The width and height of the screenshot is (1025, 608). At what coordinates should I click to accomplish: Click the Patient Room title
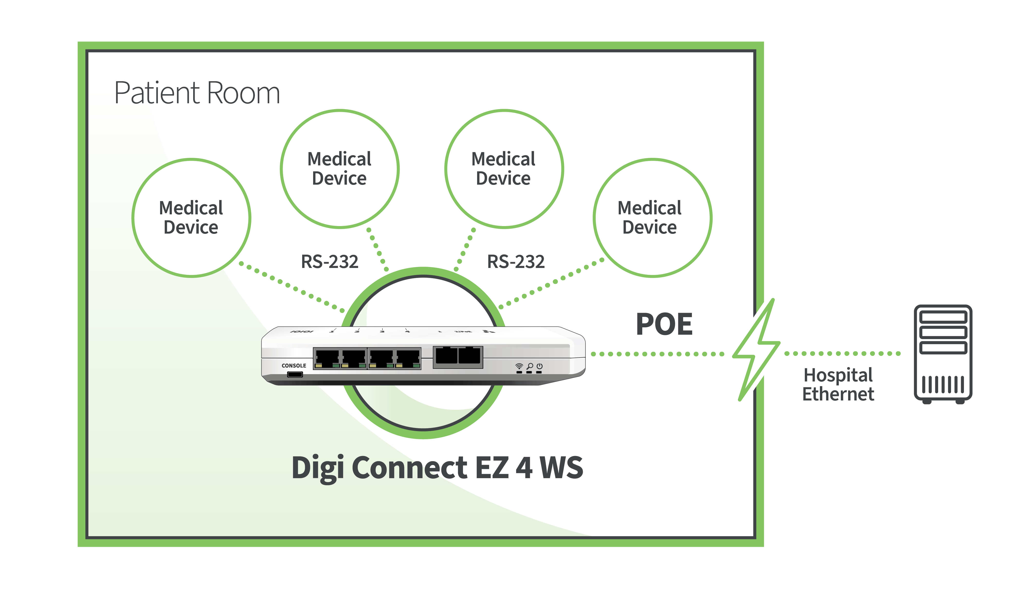(197, 93)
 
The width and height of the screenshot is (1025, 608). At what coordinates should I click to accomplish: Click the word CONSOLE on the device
(294, 365)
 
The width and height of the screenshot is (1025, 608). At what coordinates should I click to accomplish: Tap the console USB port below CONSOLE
(295, 374)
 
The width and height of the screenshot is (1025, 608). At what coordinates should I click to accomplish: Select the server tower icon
(943, 354)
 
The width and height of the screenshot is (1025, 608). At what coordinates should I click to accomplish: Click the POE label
(664, 324)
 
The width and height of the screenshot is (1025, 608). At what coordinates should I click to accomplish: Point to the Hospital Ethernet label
(838, 384)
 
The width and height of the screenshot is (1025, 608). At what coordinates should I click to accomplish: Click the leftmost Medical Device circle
(191, 218)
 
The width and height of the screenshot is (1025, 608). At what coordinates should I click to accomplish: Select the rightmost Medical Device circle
(652, 218)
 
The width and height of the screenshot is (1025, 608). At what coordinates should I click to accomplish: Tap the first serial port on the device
(327, 358)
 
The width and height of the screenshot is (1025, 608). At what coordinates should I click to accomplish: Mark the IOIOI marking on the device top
(302, 331)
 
